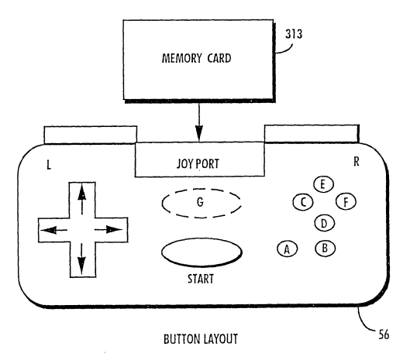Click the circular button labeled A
(x=287, y=249)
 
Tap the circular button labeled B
(x=325, y=248)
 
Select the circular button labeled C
(x=303, y=202)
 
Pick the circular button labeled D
(x=324, y=224)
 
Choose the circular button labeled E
(x=323, y=184)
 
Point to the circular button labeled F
(x=346, y=202)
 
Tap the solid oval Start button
(x=202, y=252)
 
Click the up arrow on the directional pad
(x=82, y=199)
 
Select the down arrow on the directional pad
(x=82, y=259)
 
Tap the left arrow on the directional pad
(x=53, y=230)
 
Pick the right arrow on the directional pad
(x=109, y=230)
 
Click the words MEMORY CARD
(x=196, y=58)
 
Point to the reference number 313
(x=294, y=34)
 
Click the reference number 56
(x=384, y=334)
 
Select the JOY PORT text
(x=198, y=164)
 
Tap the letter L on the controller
(x=49, y=165)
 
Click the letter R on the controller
(x=357, y=162)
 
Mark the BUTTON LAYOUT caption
(x=201, y=339)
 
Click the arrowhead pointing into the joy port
(x=199, y=133)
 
